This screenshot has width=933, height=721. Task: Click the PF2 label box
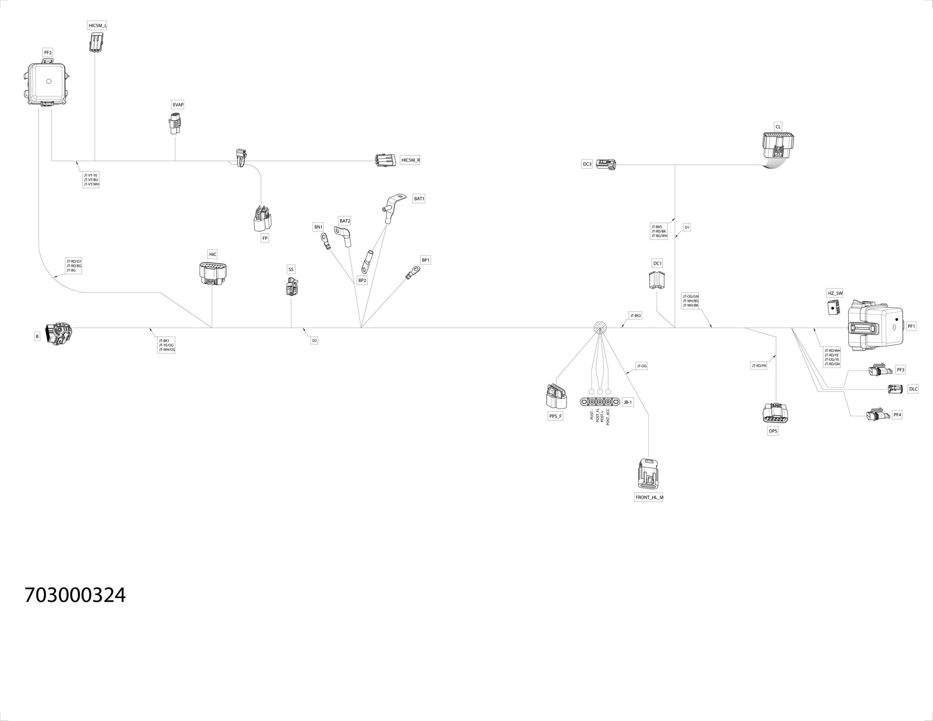point(48,53)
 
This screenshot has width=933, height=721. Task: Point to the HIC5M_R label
point(411,160)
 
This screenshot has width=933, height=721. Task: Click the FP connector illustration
point(263,219)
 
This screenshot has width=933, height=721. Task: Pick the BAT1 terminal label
point(419,199)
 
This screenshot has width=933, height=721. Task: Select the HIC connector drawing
point(213,274)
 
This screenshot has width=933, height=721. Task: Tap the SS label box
point(291,270)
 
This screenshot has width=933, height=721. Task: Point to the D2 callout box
point(314,340)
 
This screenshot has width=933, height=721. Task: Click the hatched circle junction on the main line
point(600,328)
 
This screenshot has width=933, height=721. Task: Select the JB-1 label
point(628,402)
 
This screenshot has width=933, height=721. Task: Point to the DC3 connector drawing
point(606,165)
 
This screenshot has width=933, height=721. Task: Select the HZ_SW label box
point(835,293)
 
